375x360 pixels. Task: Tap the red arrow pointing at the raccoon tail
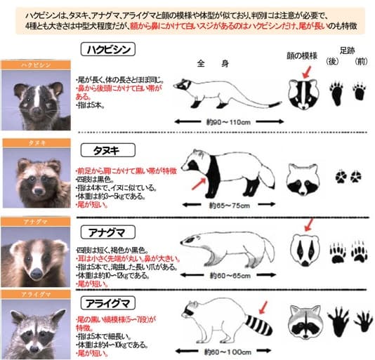point(264,306)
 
